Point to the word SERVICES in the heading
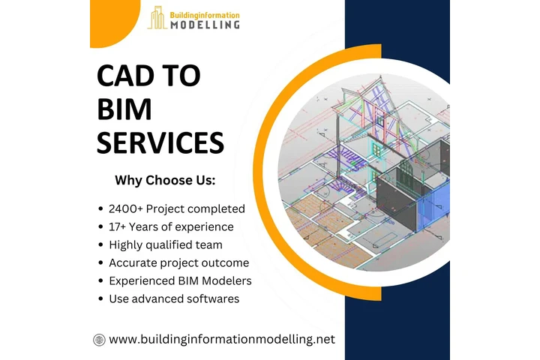(160, 142)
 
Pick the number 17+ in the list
(120, 226)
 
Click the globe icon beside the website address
(99, 340)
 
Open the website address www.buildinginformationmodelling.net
(222, 340)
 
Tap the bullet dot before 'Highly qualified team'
(101, 245)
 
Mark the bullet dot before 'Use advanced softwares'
(101, 299)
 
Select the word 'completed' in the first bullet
(218, 208)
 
